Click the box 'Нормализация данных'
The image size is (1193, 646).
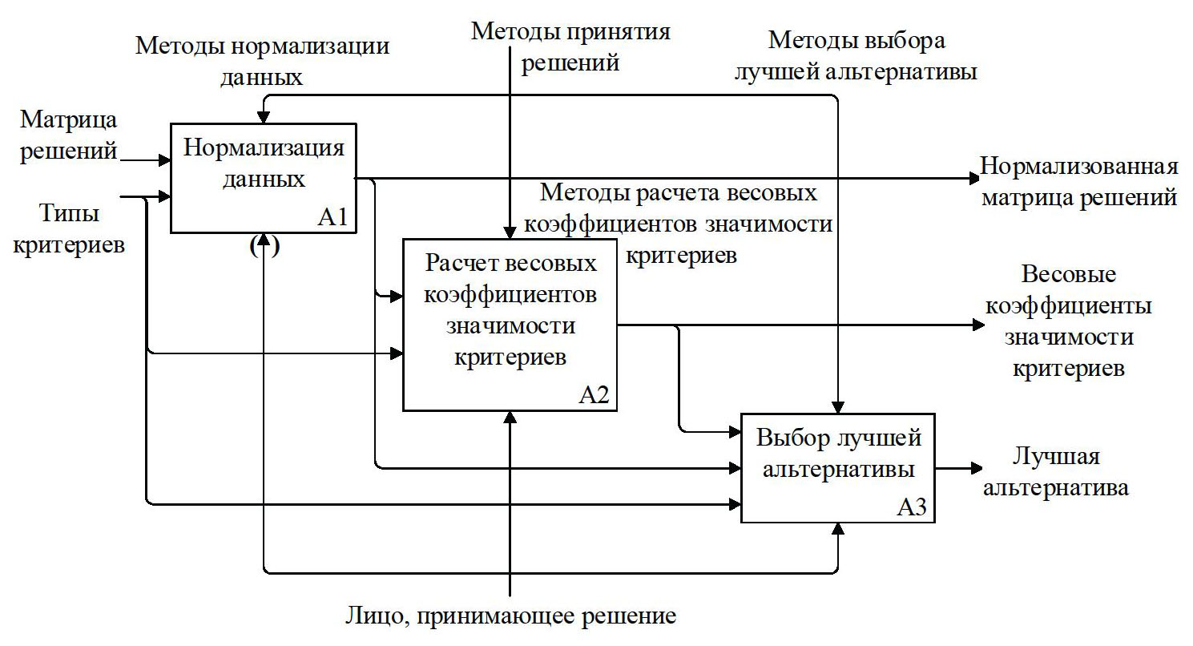(x=263, y=178)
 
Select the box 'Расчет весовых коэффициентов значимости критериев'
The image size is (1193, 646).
(x=510, y=324)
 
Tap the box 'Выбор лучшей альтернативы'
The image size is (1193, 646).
(x=838, y=466)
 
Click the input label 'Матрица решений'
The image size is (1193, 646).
(x=69, y=135)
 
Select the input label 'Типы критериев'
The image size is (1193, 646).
(x=71, y=228)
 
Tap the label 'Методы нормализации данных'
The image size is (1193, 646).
(x=262, y=61)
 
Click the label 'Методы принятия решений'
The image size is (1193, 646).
(x=570, y=47)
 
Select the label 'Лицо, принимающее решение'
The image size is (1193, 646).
(x=511, y=616)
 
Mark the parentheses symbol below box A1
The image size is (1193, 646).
(x=264, y=246)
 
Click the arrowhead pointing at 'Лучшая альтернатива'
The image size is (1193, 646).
(x=977, y=467)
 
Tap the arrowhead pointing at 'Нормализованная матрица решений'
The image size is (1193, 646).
(x=974, y=177)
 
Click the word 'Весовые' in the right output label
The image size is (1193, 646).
(x=1069, y=275)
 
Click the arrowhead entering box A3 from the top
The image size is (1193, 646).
(x=838, y=406)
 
